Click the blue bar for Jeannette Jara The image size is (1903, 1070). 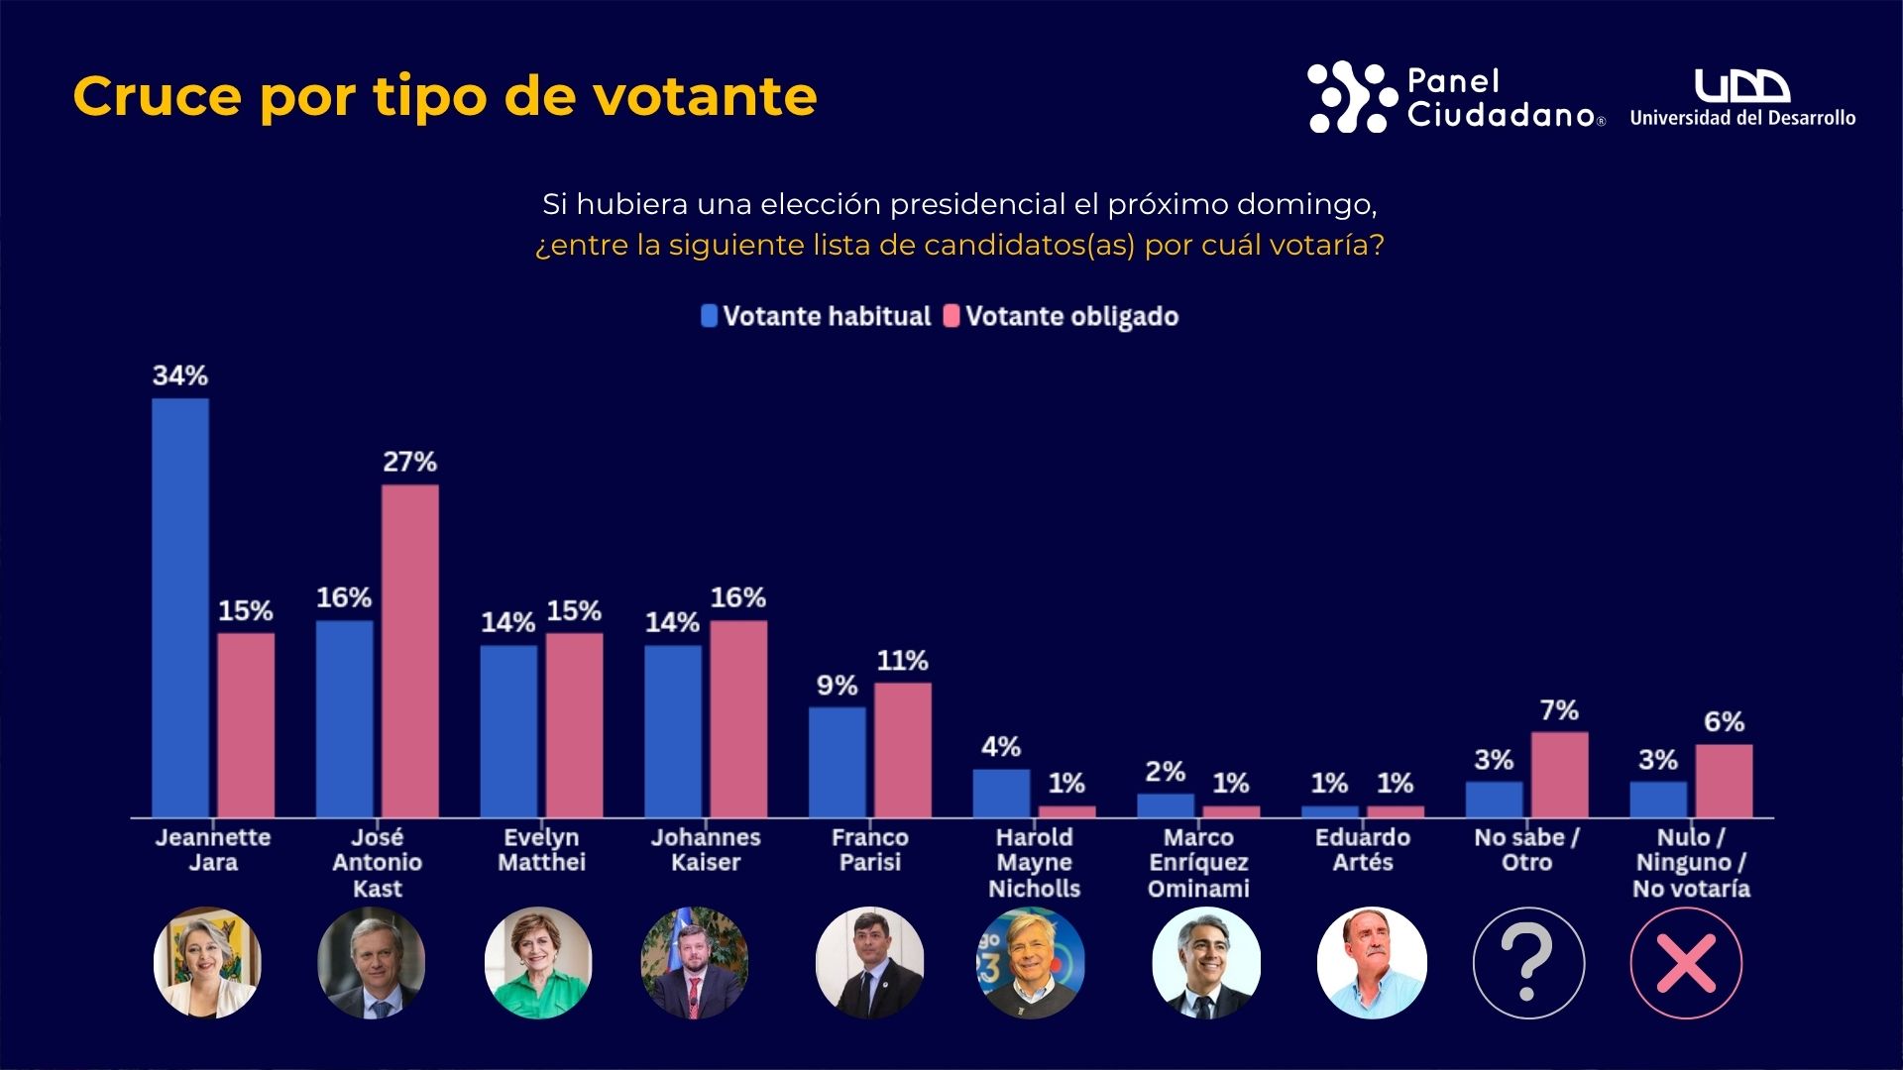tap(180, 607)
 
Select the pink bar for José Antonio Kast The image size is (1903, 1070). tap(410, 651)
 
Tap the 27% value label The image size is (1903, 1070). tap(410, 462)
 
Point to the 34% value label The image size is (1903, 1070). tap(180, 376)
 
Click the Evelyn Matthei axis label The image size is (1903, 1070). tap(541, 850)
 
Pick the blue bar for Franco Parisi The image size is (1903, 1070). tap(838, 762)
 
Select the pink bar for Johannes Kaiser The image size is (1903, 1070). tap(738, 718)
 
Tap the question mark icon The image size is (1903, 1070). tap(1528, 962)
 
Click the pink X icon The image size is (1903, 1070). tap(1686, 962)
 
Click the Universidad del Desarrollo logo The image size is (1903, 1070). tap(1742, 98)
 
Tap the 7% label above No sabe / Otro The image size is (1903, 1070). tap(1559, 710)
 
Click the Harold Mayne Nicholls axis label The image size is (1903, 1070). tap(1034, 863)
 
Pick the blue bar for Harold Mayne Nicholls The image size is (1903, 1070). tap(1001, 793)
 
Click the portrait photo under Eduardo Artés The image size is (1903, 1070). tap(1372, 962)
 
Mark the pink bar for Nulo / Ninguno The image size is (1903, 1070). tap(1724, 781)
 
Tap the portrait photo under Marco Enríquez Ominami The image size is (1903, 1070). tap(1206, 962)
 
